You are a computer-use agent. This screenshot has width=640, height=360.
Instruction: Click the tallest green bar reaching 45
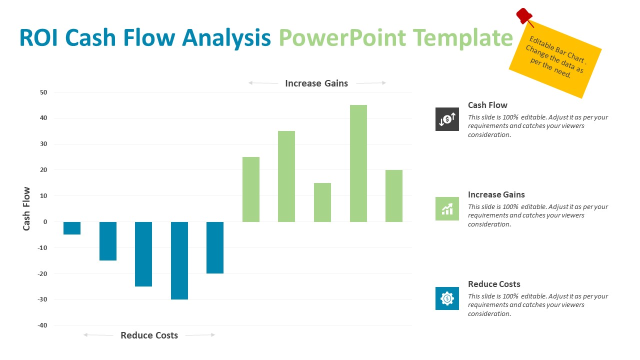[358, 163]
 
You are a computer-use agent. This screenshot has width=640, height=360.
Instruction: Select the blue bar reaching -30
[179, 260]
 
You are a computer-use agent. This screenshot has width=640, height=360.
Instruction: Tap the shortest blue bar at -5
[72, 228]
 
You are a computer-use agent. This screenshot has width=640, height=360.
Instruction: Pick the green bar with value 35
[286, 176]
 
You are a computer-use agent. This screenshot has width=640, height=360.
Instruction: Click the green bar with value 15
[322, 202]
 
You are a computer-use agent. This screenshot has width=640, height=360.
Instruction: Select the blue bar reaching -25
[143, 254]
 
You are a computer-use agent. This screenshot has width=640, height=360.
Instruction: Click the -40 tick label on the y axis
[42, 325]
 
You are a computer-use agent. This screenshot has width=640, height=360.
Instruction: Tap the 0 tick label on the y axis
[45, 222]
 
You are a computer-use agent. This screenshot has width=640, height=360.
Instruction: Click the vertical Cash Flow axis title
[26, 208]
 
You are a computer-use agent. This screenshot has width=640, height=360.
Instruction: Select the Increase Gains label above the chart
[316, 83]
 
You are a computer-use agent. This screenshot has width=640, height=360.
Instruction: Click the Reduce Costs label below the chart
[149, 335]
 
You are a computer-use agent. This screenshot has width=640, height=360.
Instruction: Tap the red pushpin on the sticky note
[523, 15]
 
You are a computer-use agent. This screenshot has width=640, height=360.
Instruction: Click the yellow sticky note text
[555, 59]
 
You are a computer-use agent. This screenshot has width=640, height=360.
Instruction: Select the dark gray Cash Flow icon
[447, 119]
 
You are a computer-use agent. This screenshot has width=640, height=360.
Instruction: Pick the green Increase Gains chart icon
[447, 208]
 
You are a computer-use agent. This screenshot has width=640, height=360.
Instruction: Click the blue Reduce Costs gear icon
[447, 298]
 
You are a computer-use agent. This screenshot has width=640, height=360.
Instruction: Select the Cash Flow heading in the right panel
[487, 105]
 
